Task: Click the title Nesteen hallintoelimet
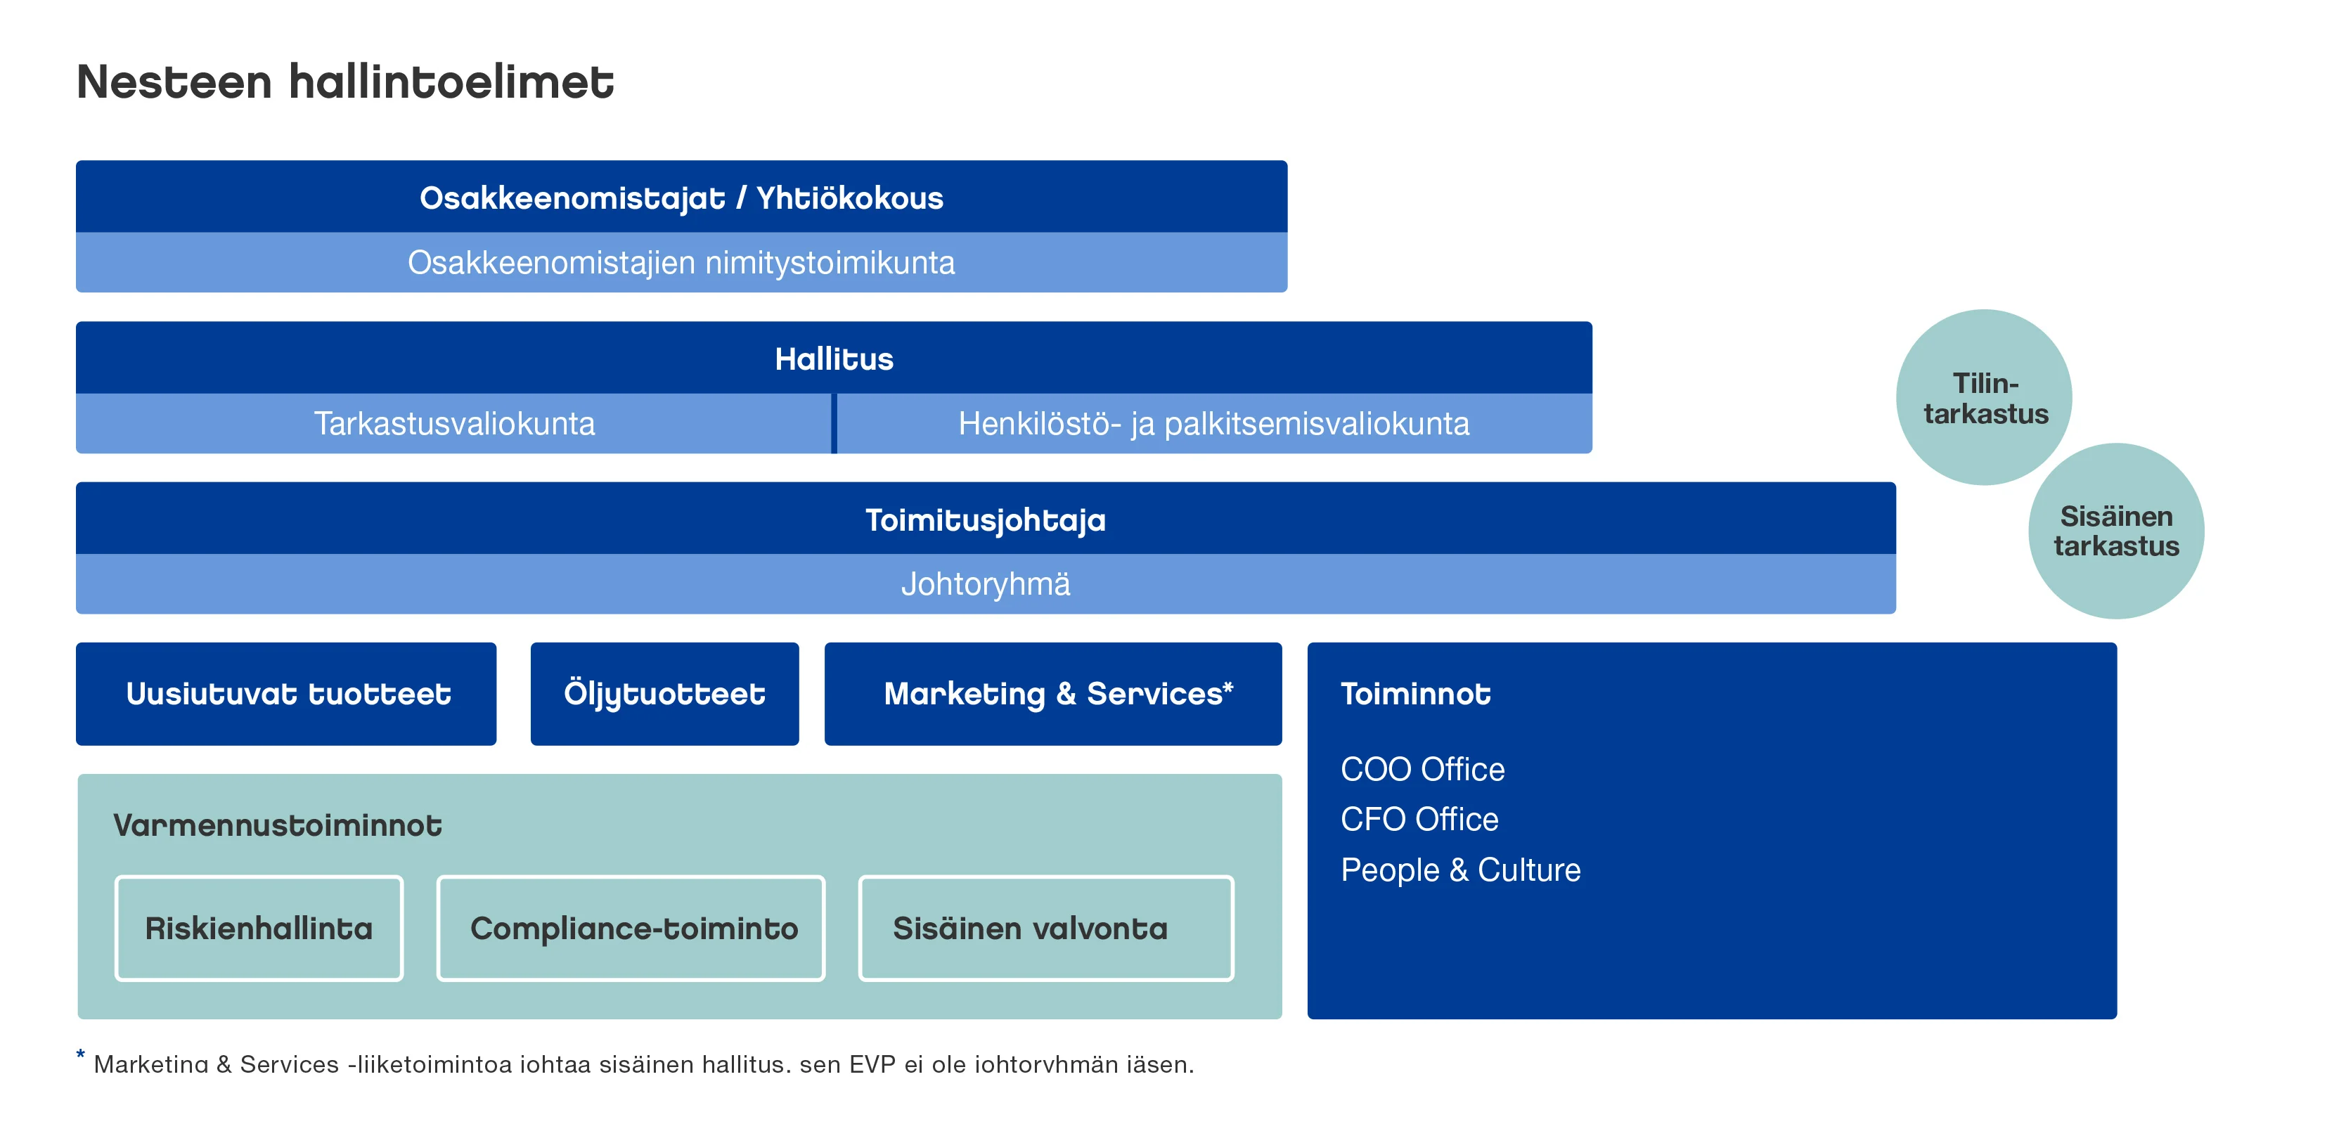(x=345, y=82)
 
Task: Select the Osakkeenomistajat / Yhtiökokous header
(x=681, y=198)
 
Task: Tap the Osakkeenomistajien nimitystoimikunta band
(x=681, y=263)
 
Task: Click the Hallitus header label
(x=834, y=359)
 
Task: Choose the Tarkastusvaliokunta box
(x=453, y=424)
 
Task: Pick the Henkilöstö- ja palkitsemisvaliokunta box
(x=1213, y=424)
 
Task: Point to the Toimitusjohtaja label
(x=985, y=519)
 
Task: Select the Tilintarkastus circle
(x=1984, y=398)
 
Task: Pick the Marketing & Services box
(x=1052, y=694)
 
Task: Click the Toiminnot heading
(x=1415, y=694)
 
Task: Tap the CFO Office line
(x=1419, y=820)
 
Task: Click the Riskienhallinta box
(x=259, y=928)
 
